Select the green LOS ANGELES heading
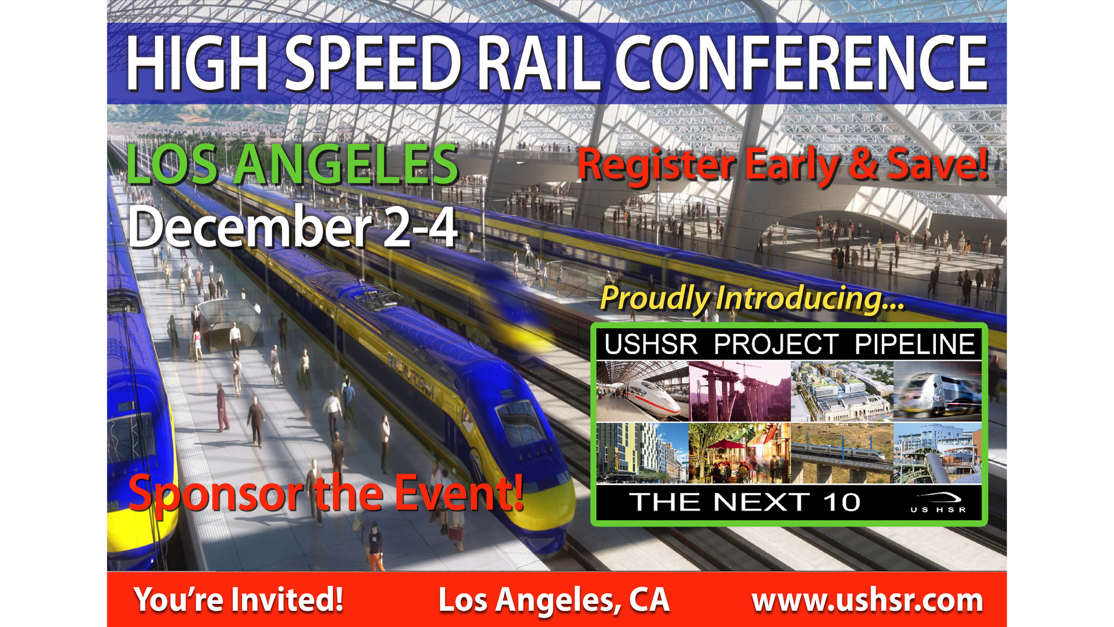(x=292, y=165)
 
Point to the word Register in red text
(x=656, y=165)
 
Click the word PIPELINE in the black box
(x=914, y=344)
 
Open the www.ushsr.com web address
(x=867, y=600)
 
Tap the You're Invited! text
(x=238, y=600)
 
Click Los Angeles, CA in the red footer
(x=554, y=600)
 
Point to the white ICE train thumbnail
(x=642, y=391)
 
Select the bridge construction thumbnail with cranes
(x=739, y=391)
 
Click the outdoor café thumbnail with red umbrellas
(x=739, y=453)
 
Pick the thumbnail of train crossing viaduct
(x=841, y=453)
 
